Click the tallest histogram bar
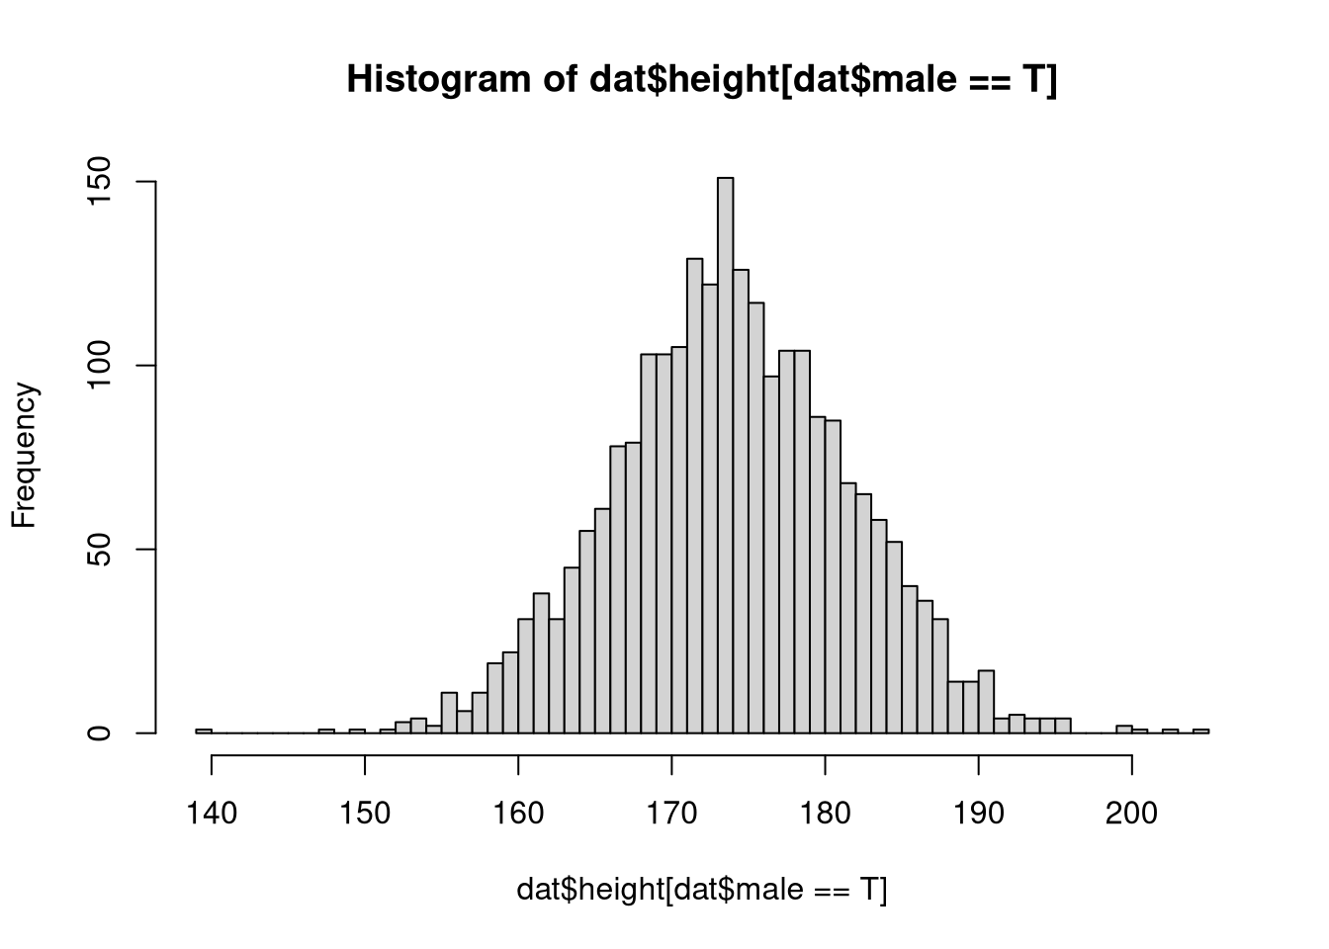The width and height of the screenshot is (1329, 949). (x=726, y=455)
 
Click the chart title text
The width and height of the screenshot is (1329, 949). (x=702, y=80)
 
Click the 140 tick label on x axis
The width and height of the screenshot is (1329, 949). (x=212, y=813)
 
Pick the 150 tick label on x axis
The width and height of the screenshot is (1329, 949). (x=365, y=813)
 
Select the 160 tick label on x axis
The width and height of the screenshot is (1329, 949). (x=518, y=813)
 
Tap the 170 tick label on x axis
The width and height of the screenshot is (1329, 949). (x=671, y=813)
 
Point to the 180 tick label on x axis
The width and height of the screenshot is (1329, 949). (x=825, y=813)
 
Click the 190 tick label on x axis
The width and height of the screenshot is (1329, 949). (x=978, y=813)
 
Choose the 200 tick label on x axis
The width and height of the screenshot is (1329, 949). (x=1131, y=813)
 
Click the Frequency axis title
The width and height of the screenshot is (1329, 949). (x=24, y=456)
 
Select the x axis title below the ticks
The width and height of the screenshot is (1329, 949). (x=702, y=890)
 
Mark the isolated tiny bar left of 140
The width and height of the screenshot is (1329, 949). (x=204, y=731)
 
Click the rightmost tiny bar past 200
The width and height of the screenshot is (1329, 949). (x=1200, y=731)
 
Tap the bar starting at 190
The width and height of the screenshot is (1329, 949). (x=986, y=702)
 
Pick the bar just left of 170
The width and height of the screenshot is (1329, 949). (x=664, y=544)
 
